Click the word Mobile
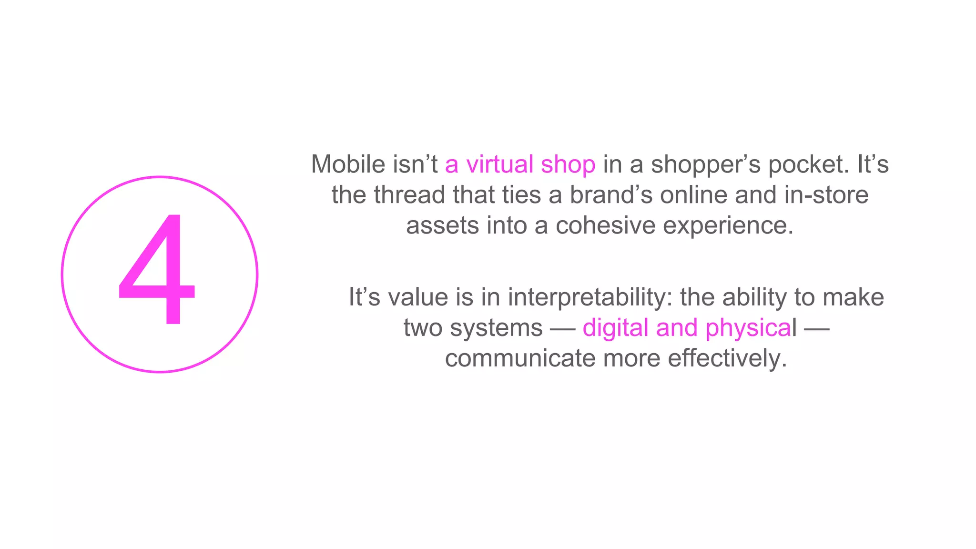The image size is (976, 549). pyautogui.click(x=348, y=164)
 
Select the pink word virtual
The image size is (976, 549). pyautogui.click(x=499, y=164)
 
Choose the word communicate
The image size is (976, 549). pyautogui.click(x=520, y=358)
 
